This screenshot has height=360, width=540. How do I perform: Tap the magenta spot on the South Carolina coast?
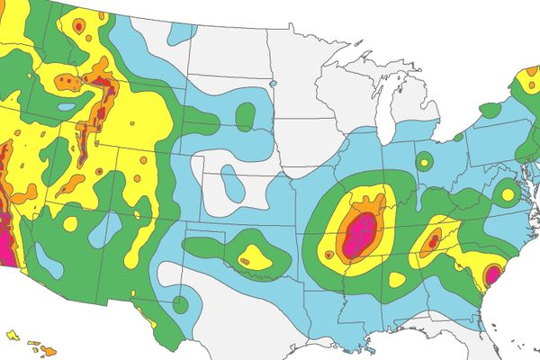click(492, 273)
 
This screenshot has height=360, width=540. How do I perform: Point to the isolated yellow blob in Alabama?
click(397, 280)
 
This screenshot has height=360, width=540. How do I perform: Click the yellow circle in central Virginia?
click(508, 193)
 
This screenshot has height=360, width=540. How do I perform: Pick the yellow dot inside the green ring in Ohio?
click(424, 163)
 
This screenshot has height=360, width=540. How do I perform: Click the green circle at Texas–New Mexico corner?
click(180, 304)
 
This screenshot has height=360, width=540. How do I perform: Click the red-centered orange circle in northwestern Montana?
click(78, 28)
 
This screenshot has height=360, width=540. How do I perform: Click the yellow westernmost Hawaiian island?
click(12, 334)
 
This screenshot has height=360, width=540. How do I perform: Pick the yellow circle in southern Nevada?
click(70, 222)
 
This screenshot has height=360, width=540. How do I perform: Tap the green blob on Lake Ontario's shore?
click(490, 111)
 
